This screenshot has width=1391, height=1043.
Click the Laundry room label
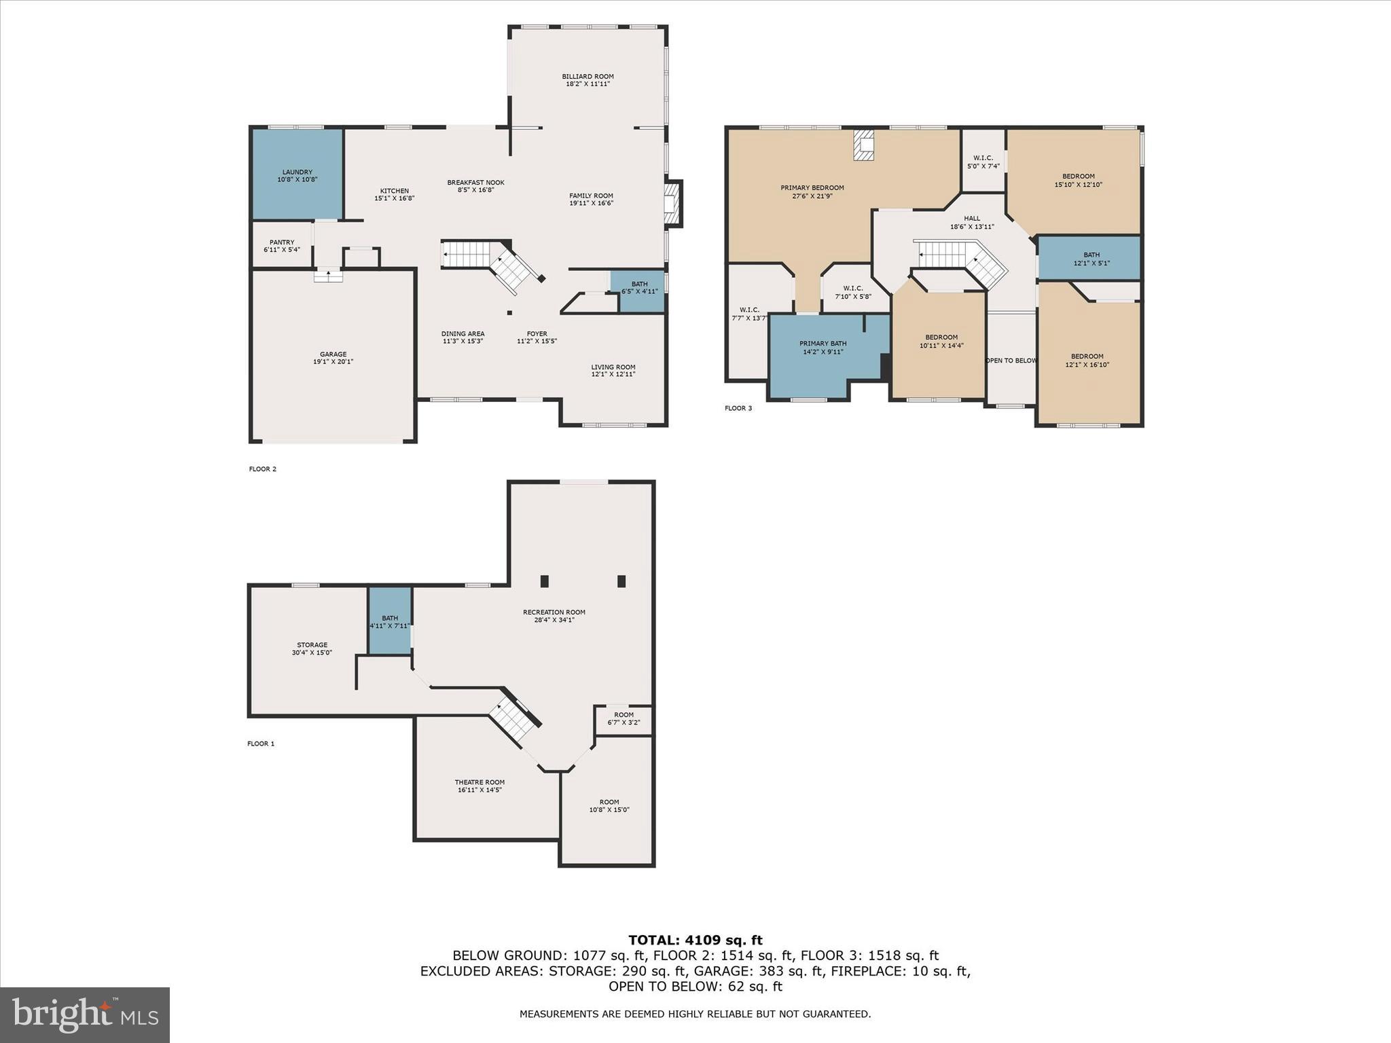click(297, 172)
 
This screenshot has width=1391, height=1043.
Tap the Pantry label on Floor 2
click(282, 242)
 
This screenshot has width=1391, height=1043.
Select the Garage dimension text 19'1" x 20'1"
click(333, 362)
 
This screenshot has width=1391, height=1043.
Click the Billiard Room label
click(588, 77)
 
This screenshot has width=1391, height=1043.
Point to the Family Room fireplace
click(672, 203)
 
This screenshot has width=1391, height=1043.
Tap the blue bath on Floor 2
click(638, 290)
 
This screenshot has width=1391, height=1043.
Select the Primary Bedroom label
click(812, 188)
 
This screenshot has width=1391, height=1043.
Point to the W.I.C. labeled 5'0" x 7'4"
click(983, 162)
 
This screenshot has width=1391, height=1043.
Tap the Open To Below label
click(1011, 361)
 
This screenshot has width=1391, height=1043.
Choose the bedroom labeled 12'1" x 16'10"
click(1087, 360)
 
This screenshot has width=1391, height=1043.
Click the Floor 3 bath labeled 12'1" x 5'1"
click(1091, 259)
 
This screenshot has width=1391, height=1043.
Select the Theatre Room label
click(480, 782)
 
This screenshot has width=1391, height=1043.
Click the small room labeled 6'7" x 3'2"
click(624, 718)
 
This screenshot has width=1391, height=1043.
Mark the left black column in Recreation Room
click(544, 581)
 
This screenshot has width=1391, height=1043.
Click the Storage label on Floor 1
click(312, 645)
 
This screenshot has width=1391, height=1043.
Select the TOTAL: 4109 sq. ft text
click(695, 940)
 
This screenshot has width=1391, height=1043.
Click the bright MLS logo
click(85, 1014)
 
